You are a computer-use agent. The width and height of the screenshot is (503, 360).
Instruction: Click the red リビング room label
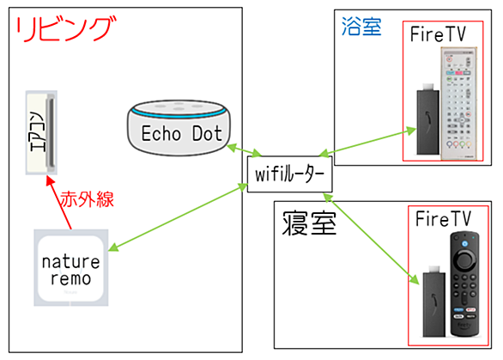[x=65, y=29]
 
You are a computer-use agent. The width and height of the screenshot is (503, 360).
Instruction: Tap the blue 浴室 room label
[x=361, y=27]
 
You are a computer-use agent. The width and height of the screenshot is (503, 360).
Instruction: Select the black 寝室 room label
[x=309, y=223]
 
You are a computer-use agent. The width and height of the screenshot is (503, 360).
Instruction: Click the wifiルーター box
[x=289, y=174]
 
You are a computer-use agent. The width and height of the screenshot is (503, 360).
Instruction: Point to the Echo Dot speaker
[x=179, y=128]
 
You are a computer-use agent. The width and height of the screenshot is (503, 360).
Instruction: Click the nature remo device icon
[x=71, y=267]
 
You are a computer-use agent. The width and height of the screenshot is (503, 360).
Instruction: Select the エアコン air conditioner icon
[x=41, y=132]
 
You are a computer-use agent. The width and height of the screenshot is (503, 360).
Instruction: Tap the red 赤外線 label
[x=88, y=199]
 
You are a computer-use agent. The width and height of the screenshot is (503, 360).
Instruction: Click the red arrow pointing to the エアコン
[x=59, y=203]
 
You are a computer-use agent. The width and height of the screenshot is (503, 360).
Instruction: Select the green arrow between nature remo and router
[x=178, y=217]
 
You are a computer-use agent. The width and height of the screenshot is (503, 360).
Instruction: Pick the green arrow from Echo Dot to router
[x=245, y=150]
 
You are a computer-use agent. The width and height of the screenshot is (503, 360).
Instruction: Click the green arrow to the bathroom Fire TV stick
[x=367, y=143]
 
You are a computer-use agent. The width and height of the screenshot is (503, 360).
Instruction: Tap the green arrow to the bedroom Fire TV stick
[x=371, y=238]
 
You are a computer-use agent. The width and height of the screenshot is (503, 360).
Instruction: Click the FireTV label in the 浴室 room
[x=438, y=34]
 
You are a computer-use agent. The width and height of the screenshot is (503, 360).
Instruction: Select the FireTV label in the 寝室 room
[x=443, y=219]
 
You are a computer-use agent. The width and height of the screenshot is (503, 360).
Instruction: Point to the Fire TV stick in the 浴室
[x=428, y=119]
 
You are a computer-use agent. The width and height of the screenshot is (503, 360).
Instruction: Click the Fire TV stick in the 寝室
[x=434, y=301]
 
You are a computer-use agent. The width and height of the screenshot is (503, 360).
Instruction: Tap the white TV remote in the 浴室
[x=458, y=103]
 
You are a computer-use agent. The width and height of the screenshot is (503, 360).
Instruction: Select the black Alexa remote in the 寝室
[x=464, y=284]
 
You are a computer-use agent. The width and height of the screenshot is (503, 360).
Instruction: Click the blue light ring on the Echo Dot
[x=179, y=113]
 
